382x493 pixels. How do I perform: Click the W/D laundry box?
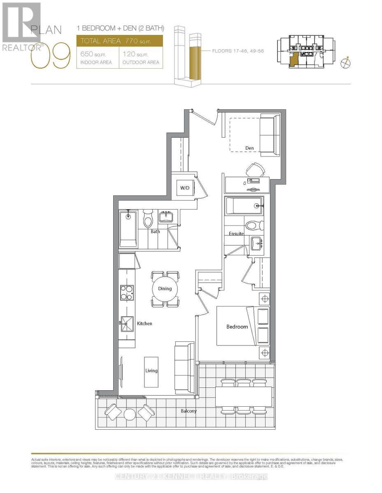coord(184,189)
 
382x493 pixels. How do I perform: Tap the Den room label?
coord(249,148)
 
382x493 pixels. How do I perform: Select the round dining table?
coord(165,288)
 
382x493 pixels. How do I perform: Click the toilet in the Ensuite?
coord(252,225)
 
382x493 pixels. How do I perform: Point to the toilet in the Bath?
coord(148,219)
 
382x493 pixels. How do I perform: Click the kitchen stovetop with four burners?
coord(126,292)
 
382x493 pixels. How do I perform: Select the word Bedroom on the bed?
coord(237,327)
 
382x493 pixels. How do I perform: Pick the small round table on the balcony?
coord(129,414)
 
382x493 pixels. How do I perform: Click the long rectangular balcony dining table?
coord(243,397)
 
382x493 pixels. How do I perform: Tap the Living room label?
coord(151,371)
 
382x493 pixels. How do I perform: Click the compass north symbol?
coord(346,63)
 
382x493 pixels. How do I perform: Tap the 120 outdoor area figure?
coord(130,54)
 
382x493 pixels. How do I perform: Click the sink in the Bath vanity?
coord(167,216)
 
